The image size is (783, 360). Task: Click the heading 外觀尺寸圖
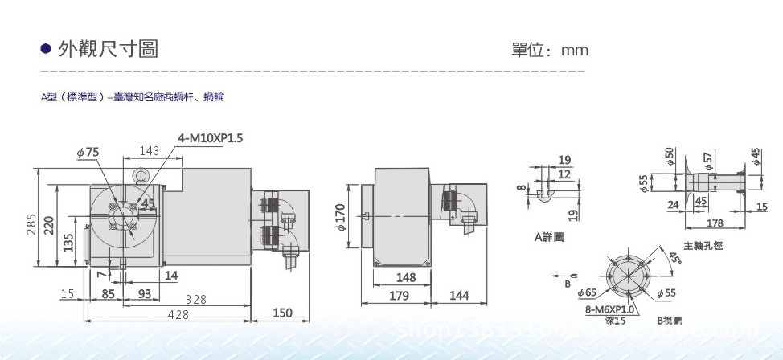[108, 50]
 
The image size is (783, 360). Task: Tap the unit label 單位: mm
[550, 51]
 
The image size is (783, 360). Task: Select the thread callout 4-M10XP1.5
[211, 138]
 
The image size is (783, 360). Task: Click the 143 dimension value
[150, 151]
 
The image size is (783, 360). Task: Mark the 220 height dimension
[50, 224]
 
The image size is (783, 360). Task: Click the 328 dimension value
[195, 299]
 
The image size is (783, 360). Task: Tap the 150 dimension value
[281, 313]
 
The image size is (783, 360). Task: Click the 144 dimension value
[458, 296]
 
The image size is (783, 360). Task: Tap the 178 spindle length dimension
[714, 223]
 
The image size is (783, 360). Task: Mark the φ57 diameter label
[708, 158]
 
